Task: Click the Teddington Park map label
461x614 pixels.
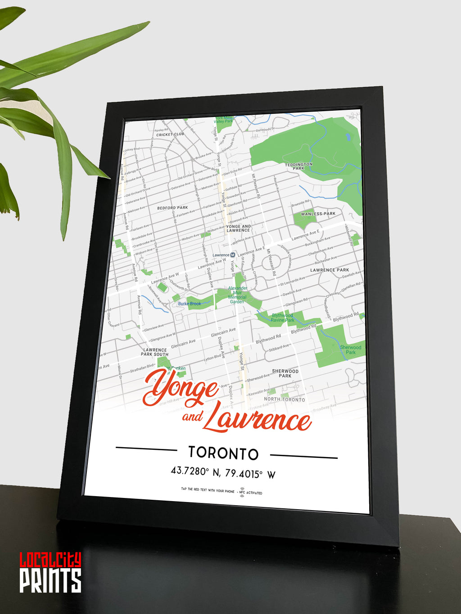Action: (298, 166)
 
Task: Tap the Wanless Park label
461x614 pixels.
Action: (318, 214)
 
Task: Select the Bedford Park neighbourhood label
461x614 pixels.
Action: (172, 208)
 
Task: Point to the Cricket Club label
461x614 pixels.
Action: (170, 134)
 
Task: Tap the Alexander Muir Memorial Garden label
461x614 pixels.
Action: (237, 295)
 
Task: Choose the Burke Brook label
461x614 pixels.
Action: (190, 304)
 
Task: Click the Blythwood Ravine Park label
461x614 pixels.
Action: (283, 318)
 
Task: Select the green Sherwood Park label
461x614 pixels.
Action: (350, 350)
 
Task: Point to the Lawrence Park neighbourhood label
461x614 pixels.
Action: (330, 270)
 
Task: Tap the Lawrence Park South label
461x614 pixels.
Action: (154, 352)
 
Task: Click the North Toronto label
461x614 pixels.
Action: (285, 399)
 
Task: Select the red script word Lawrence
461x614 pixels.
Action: (257, 418)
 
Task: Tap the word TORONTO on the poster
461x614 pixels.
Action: (223, 453)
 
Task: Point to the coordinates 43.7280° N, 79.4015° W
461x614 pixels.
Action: (223, 472)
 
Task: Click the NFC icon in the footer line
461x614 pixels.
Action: (242, 492)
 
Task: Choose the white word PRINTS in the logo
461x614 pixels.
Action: (50, 581)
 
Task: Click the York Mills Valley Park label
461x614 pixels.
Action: (223, 120)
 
